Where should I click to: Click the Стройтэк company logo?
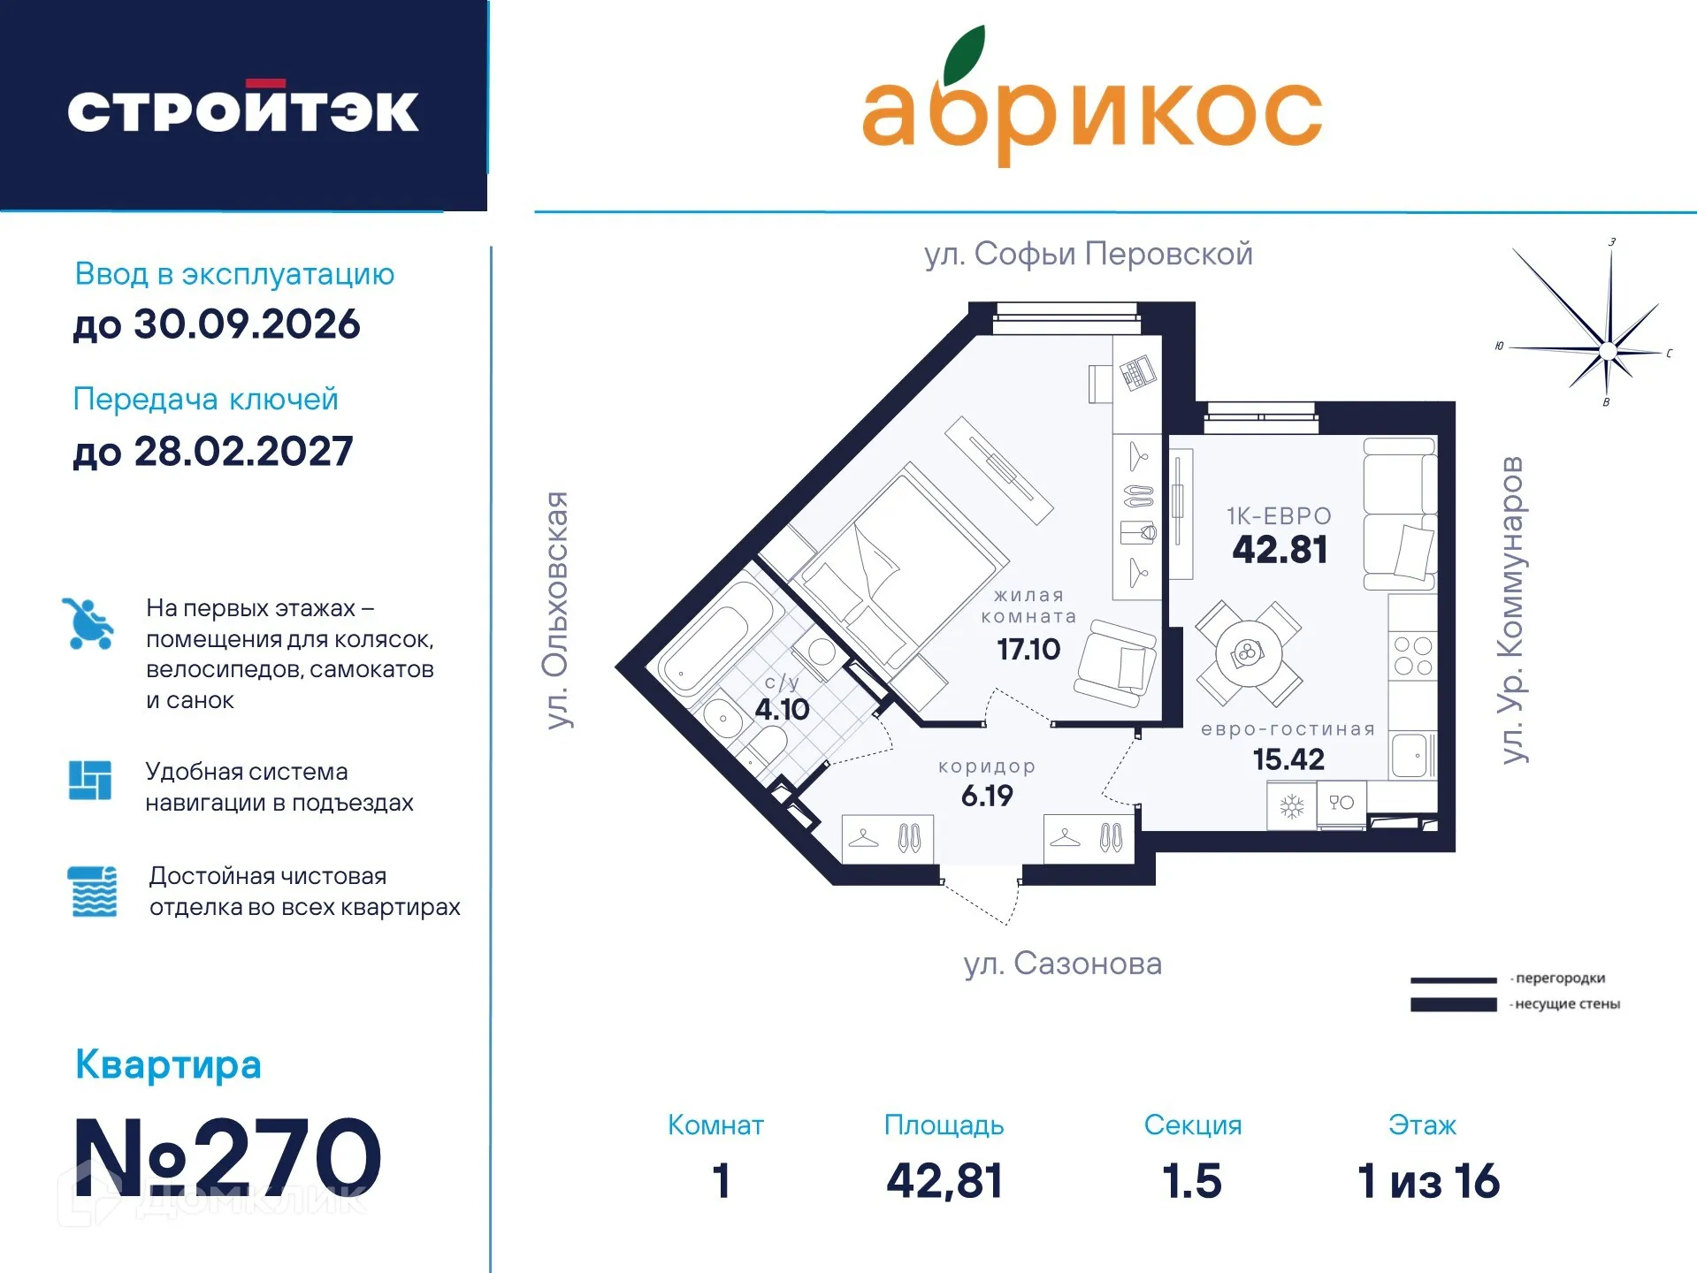point(243,110)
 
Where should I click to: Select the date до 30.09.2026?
point(217,324)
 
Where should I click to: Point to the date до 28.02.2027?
point(213,452)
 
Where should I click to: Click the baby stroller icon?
point(88,624)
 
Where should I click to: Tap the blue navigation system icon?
point(90,780)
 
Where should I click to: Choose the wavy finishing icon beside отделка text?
point(93,891)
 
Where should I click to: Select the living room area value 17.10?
point(1028,650)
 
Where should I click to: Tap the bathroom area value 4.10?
point(782,709)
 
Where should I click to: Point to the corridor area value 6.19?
point(987,796)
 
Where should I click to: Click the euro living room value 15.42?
point(1288,759)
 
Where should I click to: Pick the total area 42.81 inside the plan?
point(1280,550)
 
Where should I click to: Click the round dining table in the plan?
point(1248,653)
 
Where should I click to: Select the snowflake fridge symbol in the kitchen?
point(1292,806)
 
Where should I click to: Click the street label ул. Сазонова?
point(1062,964)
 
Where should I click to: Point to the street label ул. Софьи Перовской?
point(1088,254)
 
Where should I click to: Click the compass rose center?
point(1608,351)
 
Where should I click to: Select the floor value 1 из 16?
point(1428,1181)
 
